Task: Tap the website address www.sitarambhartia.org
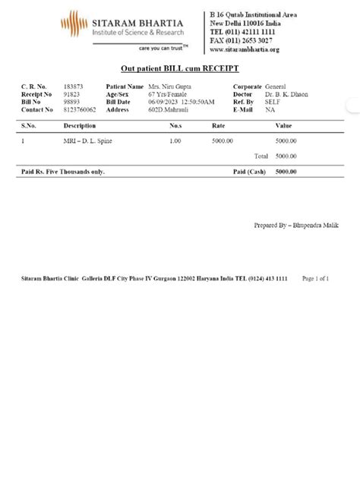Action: click(245, 49)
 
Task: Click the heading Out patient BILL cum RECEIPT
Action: click(180, 69)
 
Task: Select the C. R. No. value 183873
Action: click(74, 87)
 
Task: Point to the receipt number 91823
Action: click(72, 94)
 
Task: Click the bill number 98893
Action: click(72, 102)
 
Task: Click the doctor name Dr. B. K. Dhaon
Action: click(286, 94)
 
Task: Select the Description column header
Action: click(80, 125)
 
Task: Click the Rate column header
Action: click(218, 125)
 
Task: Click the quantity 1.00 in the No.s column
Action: click(175, 141)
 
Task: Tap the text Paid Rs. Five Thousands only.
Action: click(63, 172)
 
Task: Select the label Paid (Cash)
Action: click(248, 172)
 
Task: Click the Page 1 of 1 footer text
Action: click(315, 279)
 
